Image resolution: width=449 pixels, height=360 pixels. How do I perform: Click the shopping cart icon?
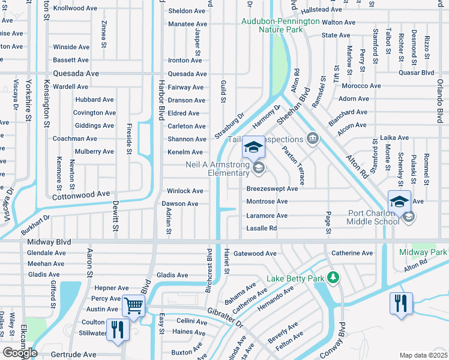(x=133, y=306)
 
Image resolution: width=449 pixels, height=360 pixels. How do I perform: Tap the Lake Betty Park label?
(x=294, y=278)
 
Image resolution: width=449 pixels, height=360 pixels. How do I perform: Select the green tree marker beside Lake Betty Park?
(x=331, y=278)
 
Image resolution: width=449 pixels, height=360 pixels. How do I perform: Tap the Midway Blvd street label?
(x=49, y=242)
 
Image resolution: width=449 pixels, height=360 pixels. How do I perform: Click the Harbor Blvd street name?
(x=161, y=99)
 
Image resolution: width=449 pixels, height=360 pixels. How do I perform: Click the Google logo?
(x=19, y=352)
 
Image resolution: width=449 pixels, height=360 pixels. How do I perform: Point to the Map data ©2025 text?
(x=423, y=355)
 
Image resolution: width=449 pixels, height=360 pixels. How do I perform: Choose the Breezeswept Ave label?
(x=272, y=188)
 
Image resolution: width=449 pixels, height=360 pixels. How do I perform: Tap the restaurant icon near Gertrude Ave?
(x=117, y=329)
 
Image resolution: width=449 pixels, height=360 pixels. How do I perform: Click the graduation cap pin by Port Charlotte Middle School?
(x=399, y=202)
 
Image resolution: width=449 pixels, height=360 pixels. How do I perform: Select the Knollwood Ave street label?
(x=75, y=9)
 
